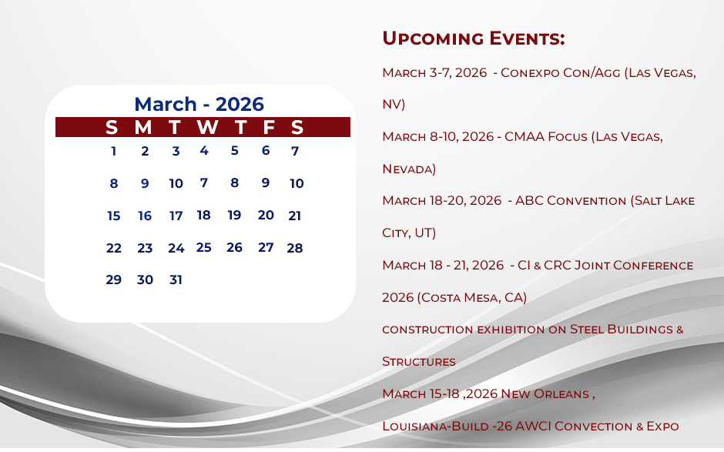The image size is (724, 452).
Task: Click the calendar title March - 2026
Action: (199, 105)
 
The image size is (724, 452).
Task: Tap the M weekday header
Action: (143, 127)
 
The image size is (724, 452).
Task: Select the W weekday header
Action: (207, 127)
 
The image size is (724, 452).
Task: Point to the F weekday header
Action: (269, 127)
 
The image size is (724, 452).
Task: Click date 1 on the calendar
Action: (113, 152)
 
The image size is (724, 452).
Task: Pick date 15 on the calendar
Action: (113, 216)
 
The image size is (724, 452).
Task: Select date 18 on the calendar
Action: (203, 215)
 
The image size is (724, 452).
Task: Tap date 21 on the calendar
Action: (294, 216)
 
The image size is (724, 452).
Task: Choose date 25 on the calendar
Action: (203, 247)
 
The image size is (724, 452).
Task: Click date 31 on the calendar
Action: (176, 280)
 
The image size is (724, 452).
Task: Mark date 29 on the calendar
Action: (113, 280)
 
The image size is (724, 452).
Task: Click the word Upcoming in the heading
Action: (433, 39)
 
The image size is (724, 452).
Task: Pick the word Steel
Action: (587, 330)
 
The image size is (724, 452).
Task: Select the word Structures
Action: (419, 361)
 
